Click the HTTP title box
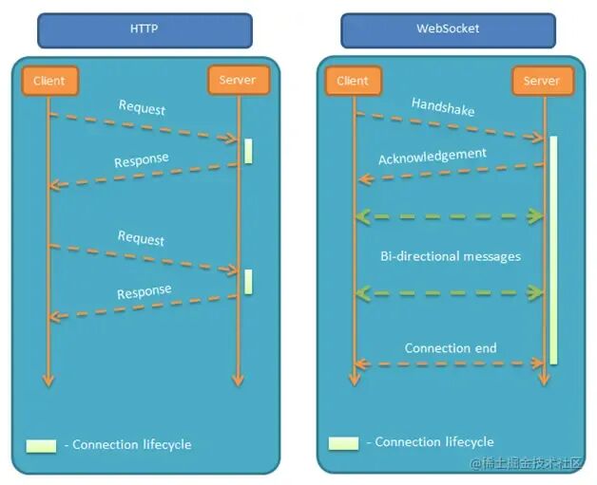click(144, 29)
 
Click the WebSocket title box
click(449, 29)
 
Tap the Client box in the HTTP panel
click(48, 81)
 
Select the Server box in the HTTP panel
click(238, 81)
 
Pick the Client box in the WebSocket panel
click(353, 81)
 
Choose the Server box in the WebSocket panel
click(542, 81)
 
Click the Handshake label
click(443, 106)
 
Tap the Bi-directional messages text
click(451, 256)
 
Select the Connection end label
click(451, 348)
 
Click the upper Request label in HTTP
click(142, 107)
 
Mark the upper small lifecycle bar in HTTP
click(248, 151)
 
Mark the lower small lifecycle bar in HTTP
click(248, 281)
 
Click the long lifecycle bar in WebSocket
click(552, 250)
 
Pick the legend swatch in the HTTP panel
click(41, 444)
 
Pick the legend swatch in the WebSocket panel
click(343, 442)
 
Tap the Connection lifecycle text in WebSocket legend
click(434, 442)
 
